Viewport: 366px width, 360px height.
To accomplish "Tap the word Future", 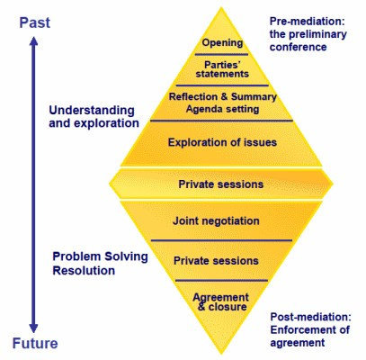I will [36, 343].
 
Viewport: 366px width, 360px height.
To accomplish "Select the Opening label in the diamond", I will [220, 42].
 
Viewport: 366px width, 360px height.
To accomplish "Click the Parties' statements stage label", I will [220, 68].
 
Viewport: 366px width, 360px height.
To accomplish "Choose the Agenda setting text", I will [220, 109].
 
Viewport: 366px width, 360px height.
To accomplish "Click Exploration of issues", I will [221, 142].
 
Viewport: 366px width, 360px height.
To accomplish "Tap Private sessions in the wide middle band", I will [221, 184].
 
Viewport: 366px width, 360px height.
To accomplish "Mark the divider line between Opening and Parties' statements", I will [221, 55].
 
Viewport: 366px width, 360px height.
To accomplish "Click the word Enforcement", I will [304, 330].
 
